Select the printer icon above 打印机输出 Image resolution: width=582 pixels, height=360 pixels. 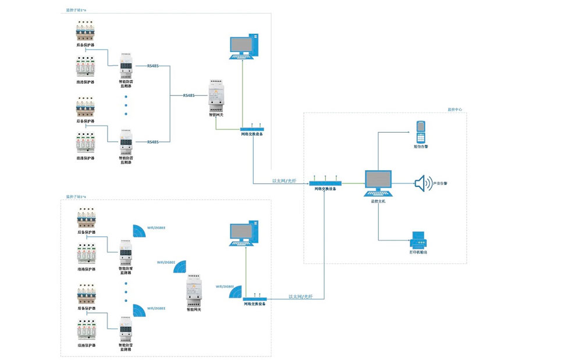(x=419, y=238)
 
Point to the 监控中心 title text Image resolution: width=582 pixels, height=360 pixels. (x=455, y=109)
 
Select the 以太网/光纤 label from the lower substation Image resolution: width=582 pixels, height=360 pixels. (x=300, y=297)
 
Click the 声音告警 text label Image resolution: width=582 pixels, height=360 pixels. (x=441, y=184)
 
